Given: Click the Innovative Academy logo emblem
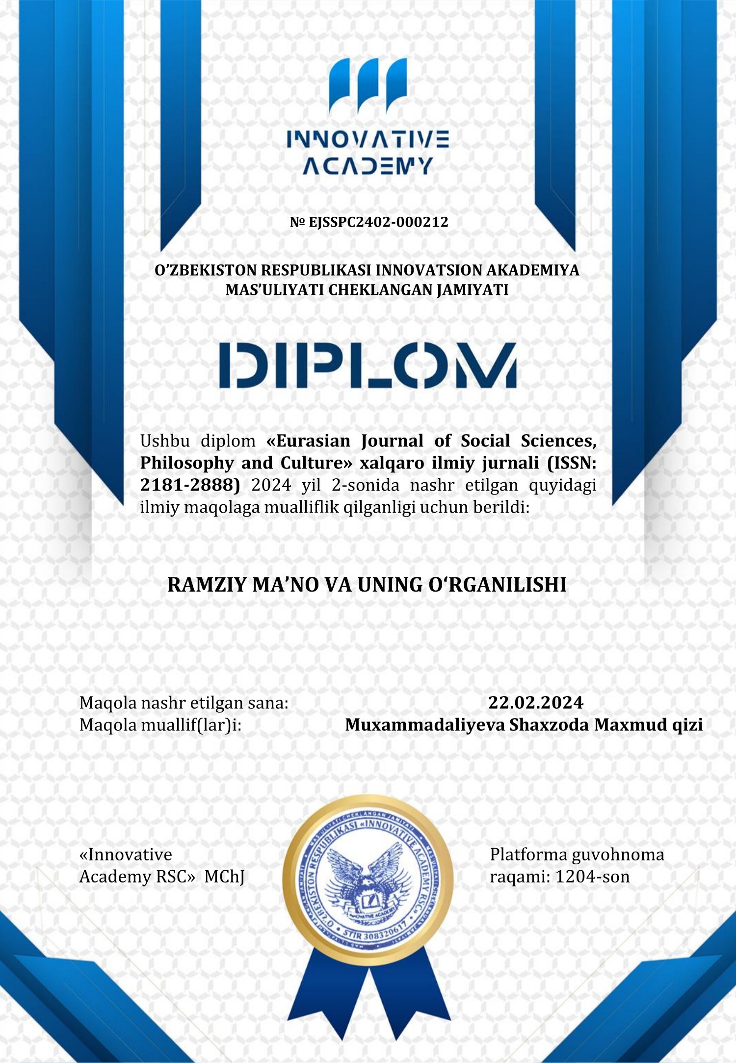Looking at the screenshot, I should point(368,86).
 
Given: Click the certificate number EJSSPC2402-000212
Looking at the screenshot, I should point(378,222).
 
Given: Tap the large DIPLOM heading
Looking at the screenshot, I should point(368,365).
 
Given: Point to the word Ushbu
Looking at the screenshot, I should point(164,441).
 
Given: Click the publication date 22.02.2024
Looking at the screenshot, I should point(535,703).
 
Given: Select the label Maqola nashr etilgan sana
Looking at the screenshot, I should point(184,703).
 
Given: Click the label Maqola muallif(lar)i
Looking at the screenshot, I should point(160,725).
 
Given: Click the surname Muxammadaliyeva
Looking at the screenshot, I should point(424,725).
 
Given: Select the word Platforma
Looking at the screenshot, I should point(528,855).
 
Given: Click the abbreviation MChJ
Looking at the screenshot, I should point(224,877).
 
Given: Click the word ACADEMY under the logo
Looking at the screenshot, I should point(368,166).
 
